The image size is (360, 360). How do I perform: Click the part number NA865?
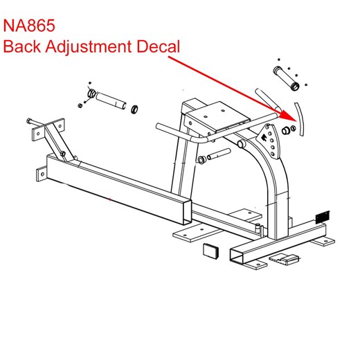click(x=29, y=26)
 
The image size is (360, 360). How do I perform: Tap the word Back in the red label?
click(x=22, y=46)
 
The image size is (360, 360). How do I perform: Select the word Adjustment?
click(x=89, y=47)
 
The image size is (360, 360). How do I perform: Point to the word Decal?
click(x=159, y=46)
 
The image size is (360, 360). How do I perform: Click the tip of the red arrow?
click(x=296, y=120)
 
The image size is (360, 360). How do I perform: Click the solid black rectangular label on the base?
click(x=323, y=217)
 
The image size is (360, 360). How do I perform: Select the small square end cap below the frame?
click(x=210, y=251)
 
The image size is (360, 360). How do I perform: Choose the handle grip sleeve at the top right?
click(x=286, y=78)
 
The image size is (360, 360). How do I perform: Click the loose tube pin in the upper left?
click(x=111, y=100)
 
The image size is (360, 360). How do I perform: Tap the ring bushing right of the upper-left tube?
click(x=134, y=109)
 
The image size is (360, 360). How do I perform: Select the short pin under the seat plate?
click(x=219, y=154)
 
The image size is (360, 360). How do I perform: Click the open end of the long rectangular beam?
click(x=187, y=213)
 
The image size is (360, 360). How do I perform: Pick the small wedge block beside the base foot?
click(x=285, y=258)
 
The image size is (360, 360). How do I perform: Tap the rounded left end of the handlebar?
click(x=159, y=126)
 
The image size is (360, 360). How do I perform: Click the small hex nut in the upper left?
click(x=80, y=105)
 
